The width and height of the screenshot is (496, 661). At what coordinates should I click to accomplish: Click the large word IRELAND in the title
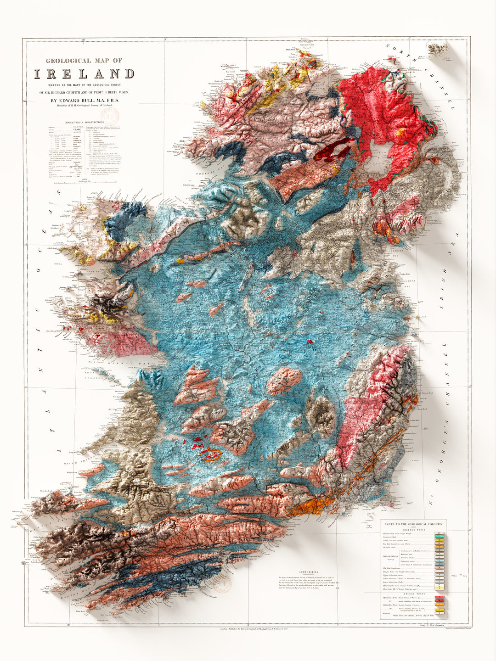84,74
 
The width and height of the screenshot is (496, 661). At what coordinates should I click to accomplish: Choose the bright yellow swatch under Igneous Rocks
440,609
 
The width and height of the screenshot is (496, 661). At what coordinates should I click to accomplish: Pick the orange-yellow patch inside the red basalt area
400,133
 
